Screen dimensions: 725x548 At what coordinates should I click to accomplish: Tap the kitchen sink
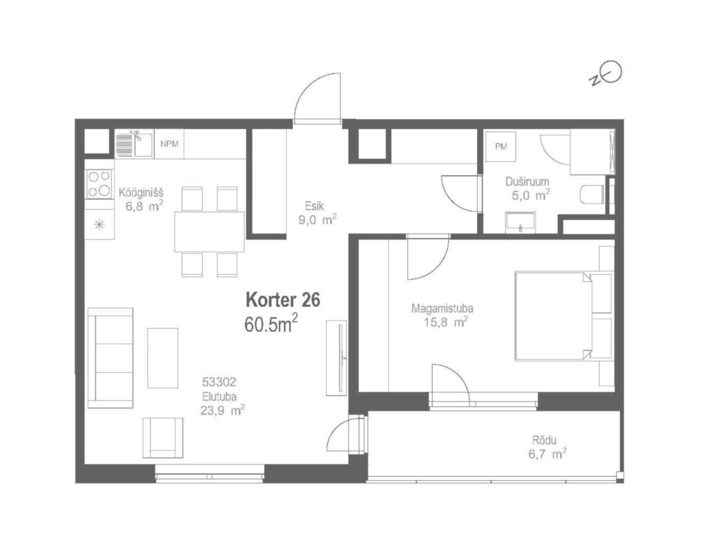coord(134,144)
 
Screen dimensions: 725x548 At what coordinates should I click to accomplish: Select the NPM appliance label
coord(169,144)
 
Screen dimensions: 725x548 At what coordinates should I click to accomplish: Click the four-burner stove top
coord(99,184)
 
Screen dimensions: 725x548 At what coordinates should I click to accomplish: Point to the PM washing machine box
coord(500,147)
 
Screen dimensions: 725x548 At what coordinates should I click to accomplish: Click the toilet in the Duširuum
coord(592,195)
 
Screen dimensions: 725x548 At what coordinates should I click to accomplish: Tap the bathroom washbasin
coord(520,223)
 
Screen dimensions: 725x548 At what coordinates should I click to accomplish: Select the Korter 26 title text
coord(283,299)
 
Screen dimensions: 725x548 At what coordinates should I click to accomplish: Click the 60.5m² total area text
coord(271,324)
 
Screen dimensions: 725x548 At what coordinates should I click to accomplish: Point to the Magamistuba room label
coord(442,308)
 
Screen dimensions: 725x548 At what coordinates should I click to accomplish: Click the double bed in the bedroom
coord(563,316)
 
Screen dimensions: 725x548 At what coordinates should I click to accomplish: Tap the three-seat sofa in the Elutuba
coord(110,358)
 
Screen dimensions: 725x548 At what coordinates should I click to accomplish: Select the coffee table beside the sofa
coord(163,358)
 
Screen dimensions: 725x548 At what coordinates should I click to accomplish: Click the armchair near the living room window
coord(163,438)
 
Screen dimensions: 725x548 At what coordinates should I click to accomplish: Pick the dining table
coord(209,232)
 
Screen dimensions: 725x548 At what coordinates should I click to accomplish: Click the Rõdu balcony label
coord(544,440)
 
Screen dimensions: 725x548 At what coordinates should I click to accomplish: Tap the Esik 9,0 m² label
coord(317,213)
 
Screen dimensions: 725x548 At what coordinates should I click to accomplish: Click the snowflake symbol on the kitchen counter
coord(99,225)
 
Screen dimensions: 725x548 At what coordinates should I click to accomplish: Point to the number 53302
coord(219,382)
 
